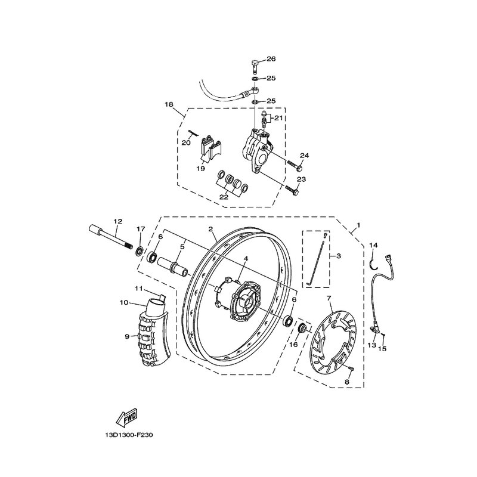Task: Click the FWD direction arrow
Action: tap(126, 416)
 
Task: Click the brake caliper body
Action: tap(256, 150)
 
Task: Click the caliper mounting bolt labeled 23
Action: tap(292, 190)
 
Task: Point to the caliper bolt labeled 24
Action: tap(294, 165)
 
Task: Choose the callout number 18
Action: tap(169, 104)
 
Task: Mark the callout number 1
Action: tap(358, 225)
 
